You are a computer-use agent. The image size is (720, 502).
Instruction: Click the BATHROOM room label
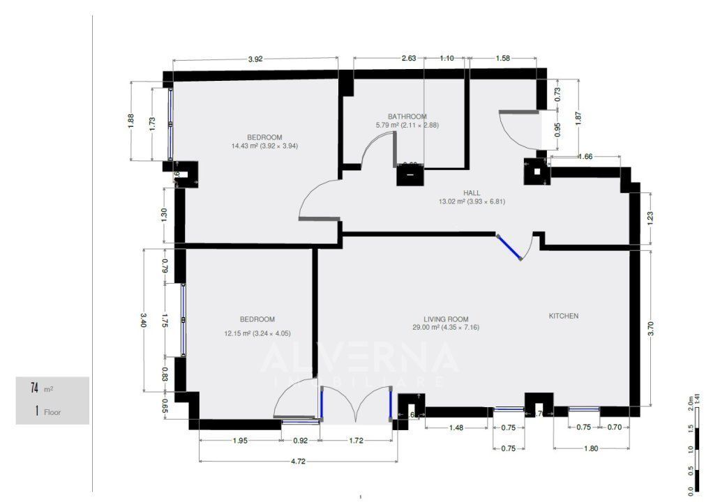(407, 116)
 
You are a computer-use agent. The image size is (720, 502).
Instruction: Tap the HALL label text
(472, 192)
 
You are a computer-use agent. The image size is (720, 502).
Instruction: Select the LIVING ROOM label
(447, 319)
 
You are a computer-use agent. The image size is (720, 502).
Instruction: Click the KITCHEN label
(563, 316)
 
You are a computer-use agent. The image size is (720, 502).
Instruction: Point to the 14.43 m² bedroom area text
(264, 146)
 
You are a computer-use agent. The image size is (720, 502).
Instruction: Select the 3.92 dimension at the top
(255, 59)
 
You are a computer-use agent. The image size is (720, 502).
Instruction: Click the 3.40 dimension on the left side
(144, 319)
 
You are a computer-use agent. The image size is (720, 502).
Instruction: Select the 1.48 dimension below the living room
(456, 427)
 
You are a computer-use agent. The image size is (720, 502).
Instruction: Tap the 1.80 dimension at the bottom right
(590, 448)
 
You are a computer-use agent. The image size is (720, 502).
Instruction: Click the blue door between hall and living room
(509, 247)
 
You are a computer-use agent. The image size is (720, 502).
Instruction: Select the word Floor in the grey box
(52, 412)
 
